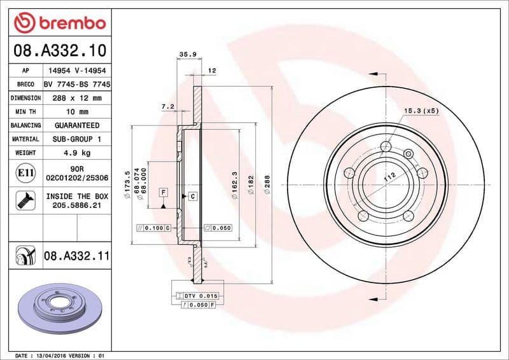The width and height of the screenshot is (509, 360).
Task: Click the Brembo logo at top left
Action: tap(59, 23)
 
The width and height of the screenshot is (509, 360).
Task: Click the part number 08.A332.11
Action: tap(76, 256)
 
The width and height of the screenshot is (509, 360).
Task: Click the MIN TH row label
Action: tap(25, 112)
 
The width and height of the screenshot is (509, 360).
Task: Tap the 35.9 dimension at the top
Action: tap(187, 55)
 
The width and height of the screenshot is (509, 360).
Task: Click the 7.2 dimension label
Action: tap(168, 106)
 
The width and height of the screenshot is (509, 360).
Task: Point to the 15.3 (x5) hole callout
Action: tap(422, 111)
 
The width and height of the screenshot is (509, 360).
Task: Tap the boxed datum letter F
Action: tap(164, 192)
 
